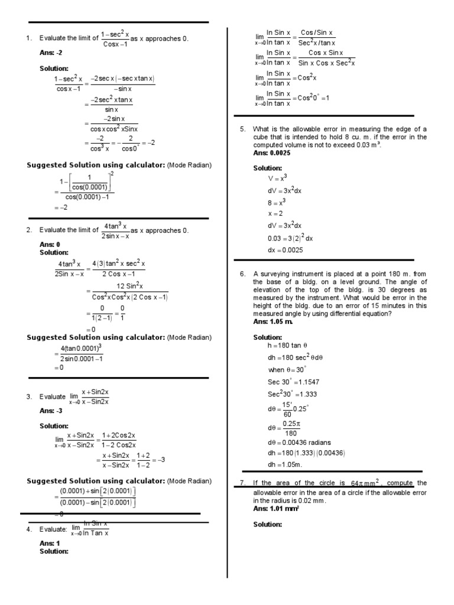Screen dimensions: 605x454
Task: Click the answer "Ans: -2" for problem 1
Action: [x=50, y=53]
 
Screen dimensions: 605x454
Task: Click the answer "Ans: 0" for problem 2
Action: [x=50, y=244]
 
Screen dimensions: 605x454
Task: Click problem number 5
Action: [x=242, y=129]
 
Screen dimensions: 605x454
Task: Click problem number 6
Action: [x=242, y=274]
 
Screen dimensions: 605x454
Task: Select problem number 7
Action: [x=242, y=483]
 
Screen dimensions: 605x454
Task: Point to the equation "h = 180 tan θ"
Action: [x=289, y=346]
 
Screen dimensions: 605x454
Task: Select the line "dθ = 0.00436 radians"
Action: [x=299, y=442]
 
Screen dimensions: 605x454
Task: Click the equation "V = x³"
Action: [x=278, y=178]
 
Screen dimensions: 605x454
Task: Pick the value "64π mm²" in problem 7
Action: [x=368, y=483]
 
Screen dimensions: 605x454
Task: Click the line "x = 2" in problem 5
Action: [x=275, y=213]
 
